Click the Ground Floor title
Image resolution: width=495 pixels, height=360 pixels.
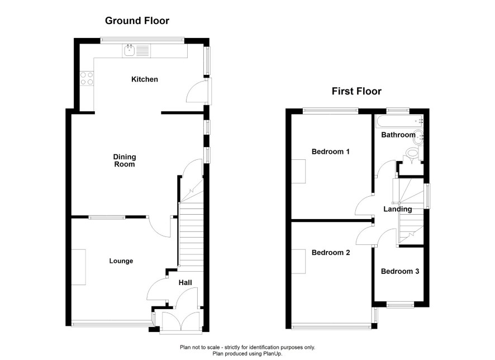tap(137, 21)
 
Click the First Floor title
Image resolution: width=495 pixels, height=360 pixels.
tap(356, 91)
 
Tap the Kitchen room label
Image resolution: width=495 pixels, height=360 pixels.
tap(145, 79)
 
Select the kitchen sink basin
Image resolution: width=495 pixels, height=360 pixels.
tap(130, 50)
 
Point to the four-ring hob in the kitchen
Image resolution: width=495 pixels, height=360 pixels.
tap(87, 78)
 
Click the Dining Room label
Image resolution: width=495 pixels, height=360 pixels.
tap(125, 160)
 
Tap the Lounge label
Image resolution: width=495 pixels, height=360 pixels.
tap(121, 261)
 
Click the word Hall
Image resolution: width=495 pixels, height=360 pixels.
tap(185, 283)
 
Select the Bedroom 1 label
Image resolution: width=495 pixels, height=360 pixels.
tap(331, 151)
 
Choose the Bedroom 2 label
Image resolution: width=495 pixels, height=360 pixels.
tap(331, 253)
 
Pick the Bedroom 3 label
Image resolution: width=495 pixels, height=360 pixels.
tap(400, 271)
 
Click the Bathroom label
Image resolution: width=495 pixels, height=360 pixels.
tap(398, 135)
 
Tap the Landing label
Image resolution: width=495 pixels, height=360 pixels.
tap(398, 209)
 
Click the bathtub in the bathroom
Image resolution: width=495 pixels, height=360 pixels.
tap(399, 121)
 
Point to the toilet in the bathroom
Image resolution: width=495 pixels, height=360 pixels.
tap(413, 155)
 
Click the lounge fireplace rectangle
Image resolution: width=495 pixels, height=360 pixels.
tap(79, 267)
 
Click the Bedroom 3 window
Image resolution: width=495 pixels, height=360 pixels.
tap(400, 305)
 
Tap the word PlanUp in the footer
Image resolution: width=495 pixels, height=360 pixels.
tap(273, 354)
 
